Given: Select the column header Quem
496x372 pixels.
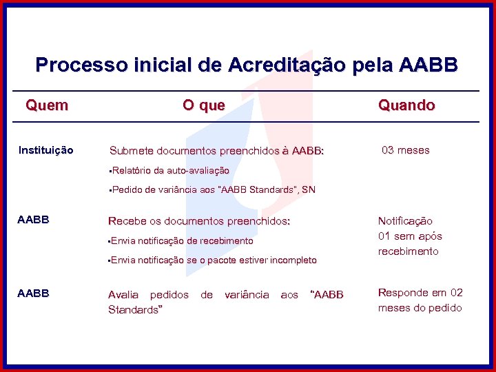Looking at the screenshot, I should [x=47, y=105].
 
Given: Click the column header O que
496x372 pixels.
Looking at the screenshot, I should [x=203, y=105].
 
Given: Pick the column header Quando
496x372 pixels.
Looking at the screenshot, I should [x=406, y=105].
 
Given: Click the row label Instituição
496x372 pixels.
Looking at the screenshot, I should [x=45, y=150].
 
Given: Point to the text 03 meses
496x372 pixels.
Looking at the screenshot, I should [x=406, y=150].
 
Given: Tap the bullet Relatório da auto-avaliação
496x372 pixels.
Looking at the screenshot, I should [x=170, y=170].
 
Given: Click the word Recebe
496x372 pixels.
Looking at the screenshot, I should [x=127, y=221].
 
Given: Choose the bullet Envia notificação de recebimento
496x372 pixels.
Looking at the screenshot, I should [x=182, y=241].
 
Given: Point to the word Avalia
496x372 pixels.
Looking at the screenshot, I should [x=123, y=295].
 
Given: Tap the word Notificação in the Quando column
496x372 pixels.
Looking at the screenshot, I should [x=405, y=221].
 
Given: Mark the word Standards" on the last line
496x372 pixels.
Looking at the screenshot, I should [x=135, y=310].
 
